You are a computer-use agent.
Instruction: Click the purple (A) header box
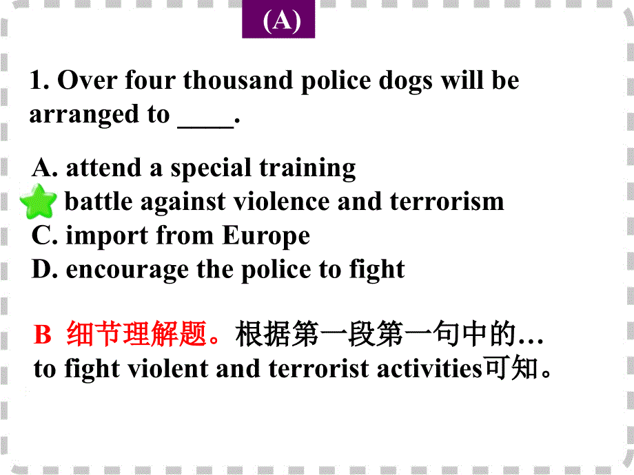pos(278,21)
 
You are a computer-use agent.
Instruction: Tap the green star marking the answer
pos(38,202)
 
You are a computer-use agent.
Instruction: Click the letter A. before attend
pos(45,168)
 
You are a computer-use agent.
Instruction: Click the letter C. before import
pos(45,236)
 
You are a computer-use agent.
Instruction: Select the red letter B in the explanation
pos(43,336)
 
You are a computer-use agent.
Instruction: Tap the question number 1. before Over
pos(39,81)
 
